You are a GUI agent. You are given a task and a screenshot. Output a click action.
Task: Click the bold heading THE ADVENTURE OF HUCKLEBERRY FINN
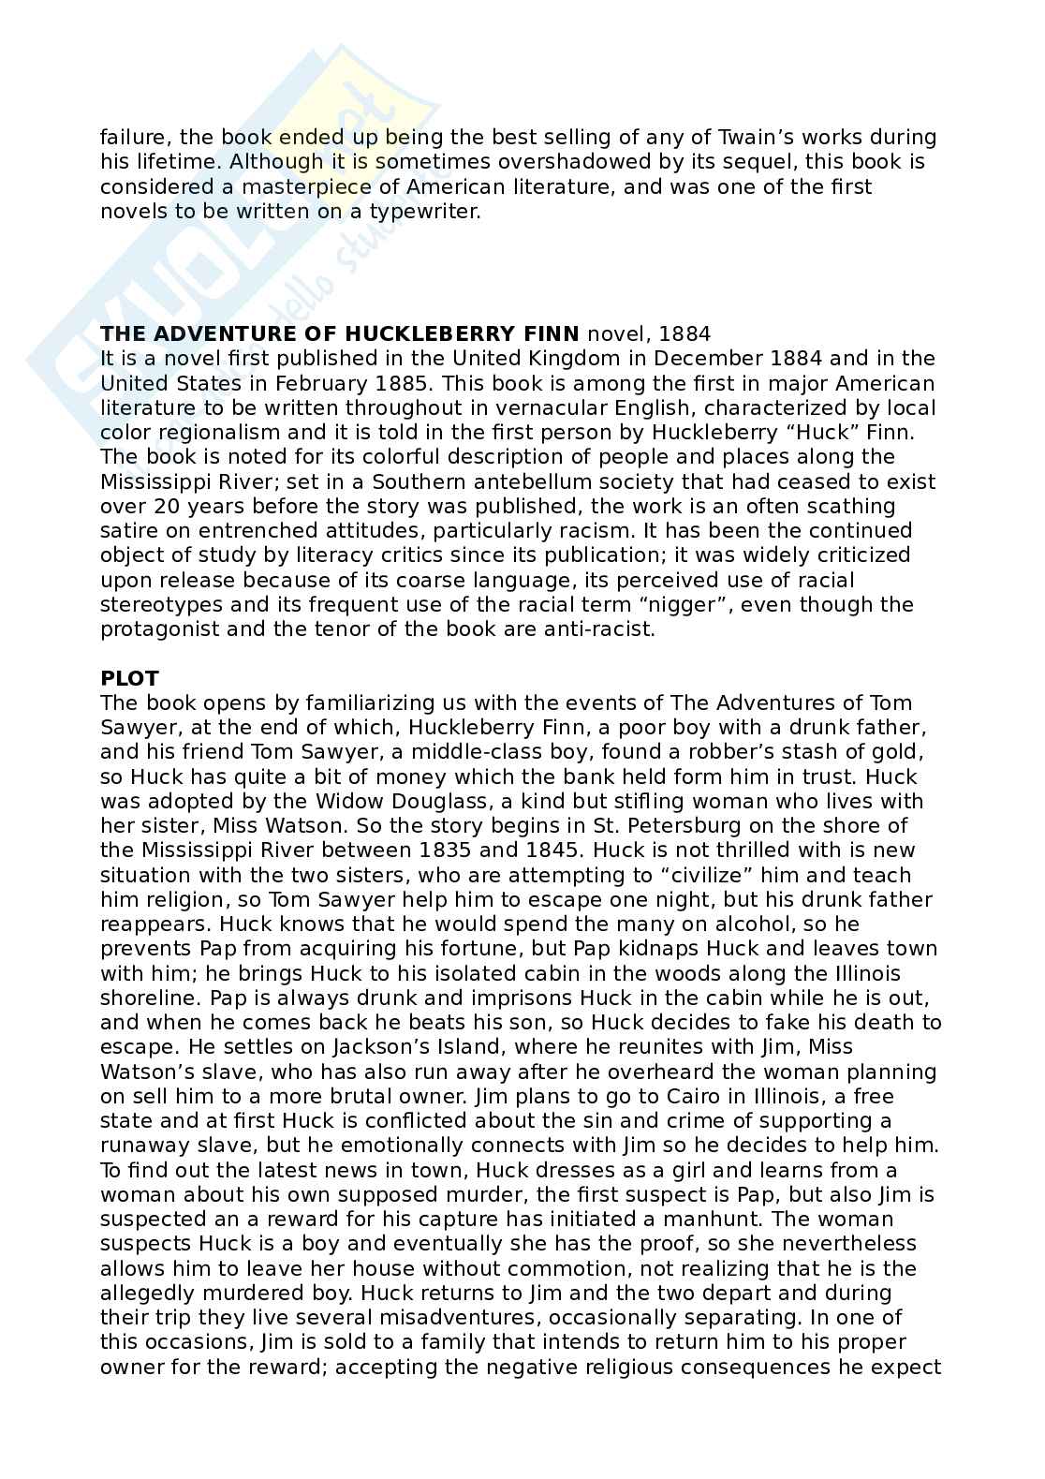[340, 333]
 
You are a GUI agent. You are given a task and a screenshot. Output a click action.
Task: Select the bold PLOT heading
[129, 678]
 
